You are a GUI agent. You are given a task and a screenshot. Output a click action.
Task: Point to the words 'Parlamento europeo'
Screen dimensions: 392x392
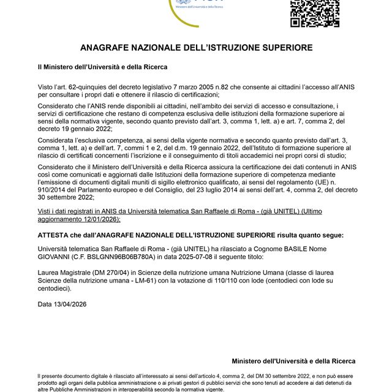pyautogui.click(x=101, y=190)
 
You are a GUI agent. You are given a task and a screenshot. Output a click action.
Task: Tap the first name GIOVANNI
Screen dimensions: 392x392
pyautogui.click(x=56, y=258)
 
